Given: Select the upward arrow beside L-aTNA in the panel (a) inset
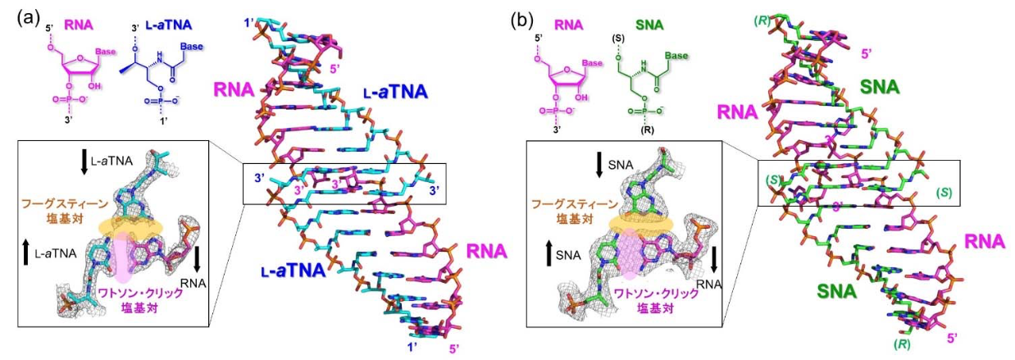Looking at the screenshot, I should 28,247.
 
